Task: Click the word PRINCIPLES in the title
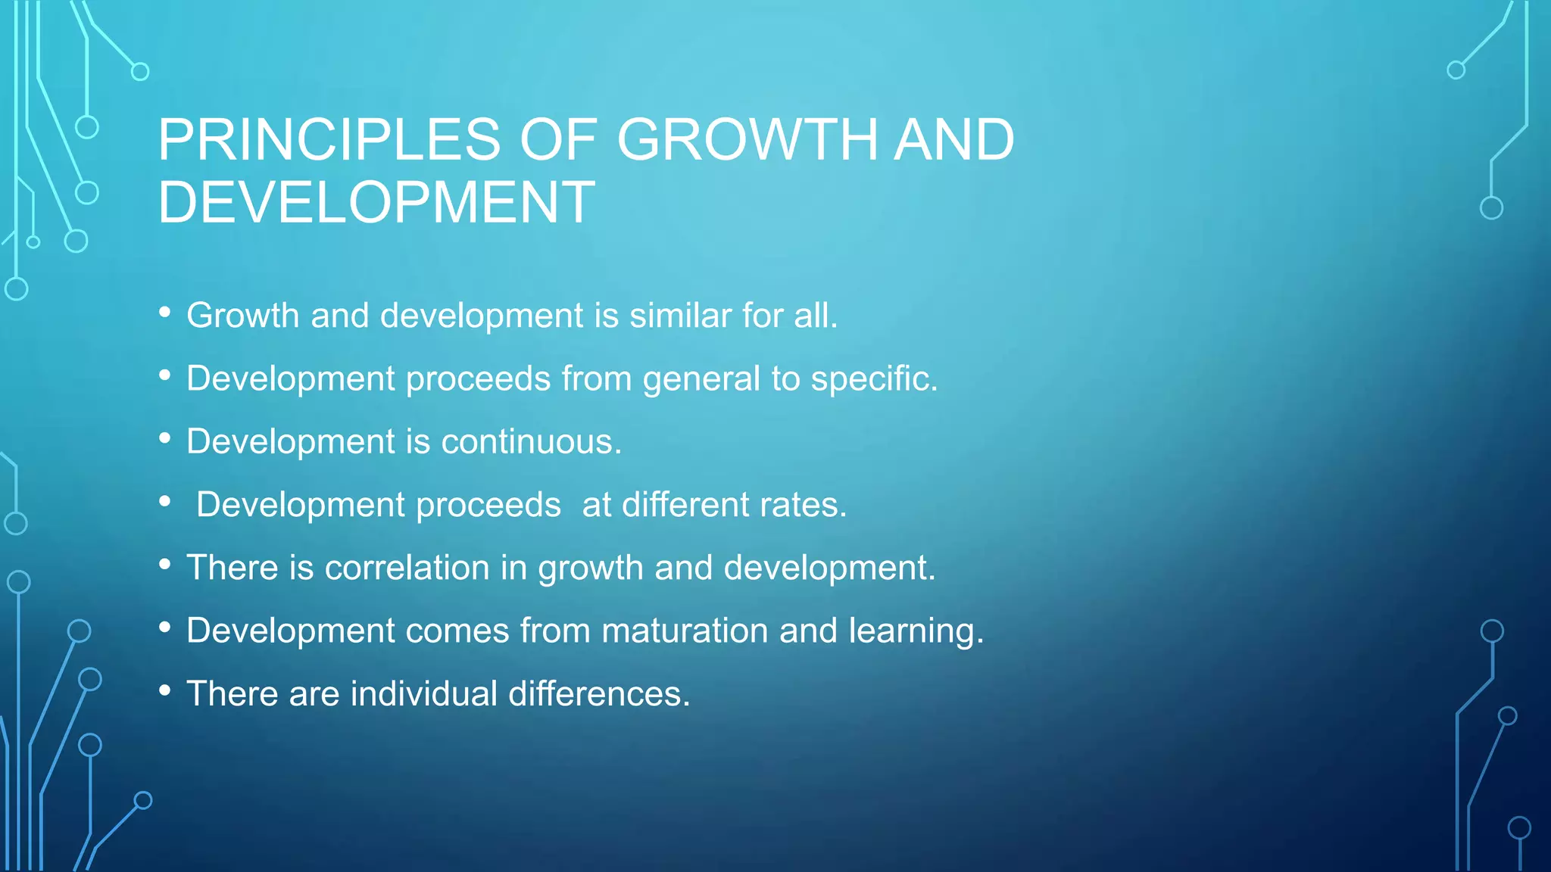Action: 329,140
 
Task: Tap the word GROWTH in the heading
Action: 747,140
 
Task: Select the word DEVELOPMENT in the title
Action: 376,202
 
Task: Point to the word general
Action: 701,378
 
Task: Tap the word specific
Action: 874,378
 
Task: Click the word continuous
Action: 531,441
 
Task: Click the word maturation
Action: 685,631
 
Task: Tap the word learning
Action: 916,631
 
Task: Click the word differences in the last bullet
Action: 599,693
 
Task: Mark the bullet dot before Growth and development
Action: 165,313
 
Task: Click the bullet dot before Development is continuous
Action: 165,438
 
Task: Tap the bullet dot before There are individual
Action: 165,690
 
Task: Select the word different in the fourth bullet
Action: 685,505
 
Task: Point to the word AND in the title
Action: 953,140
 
